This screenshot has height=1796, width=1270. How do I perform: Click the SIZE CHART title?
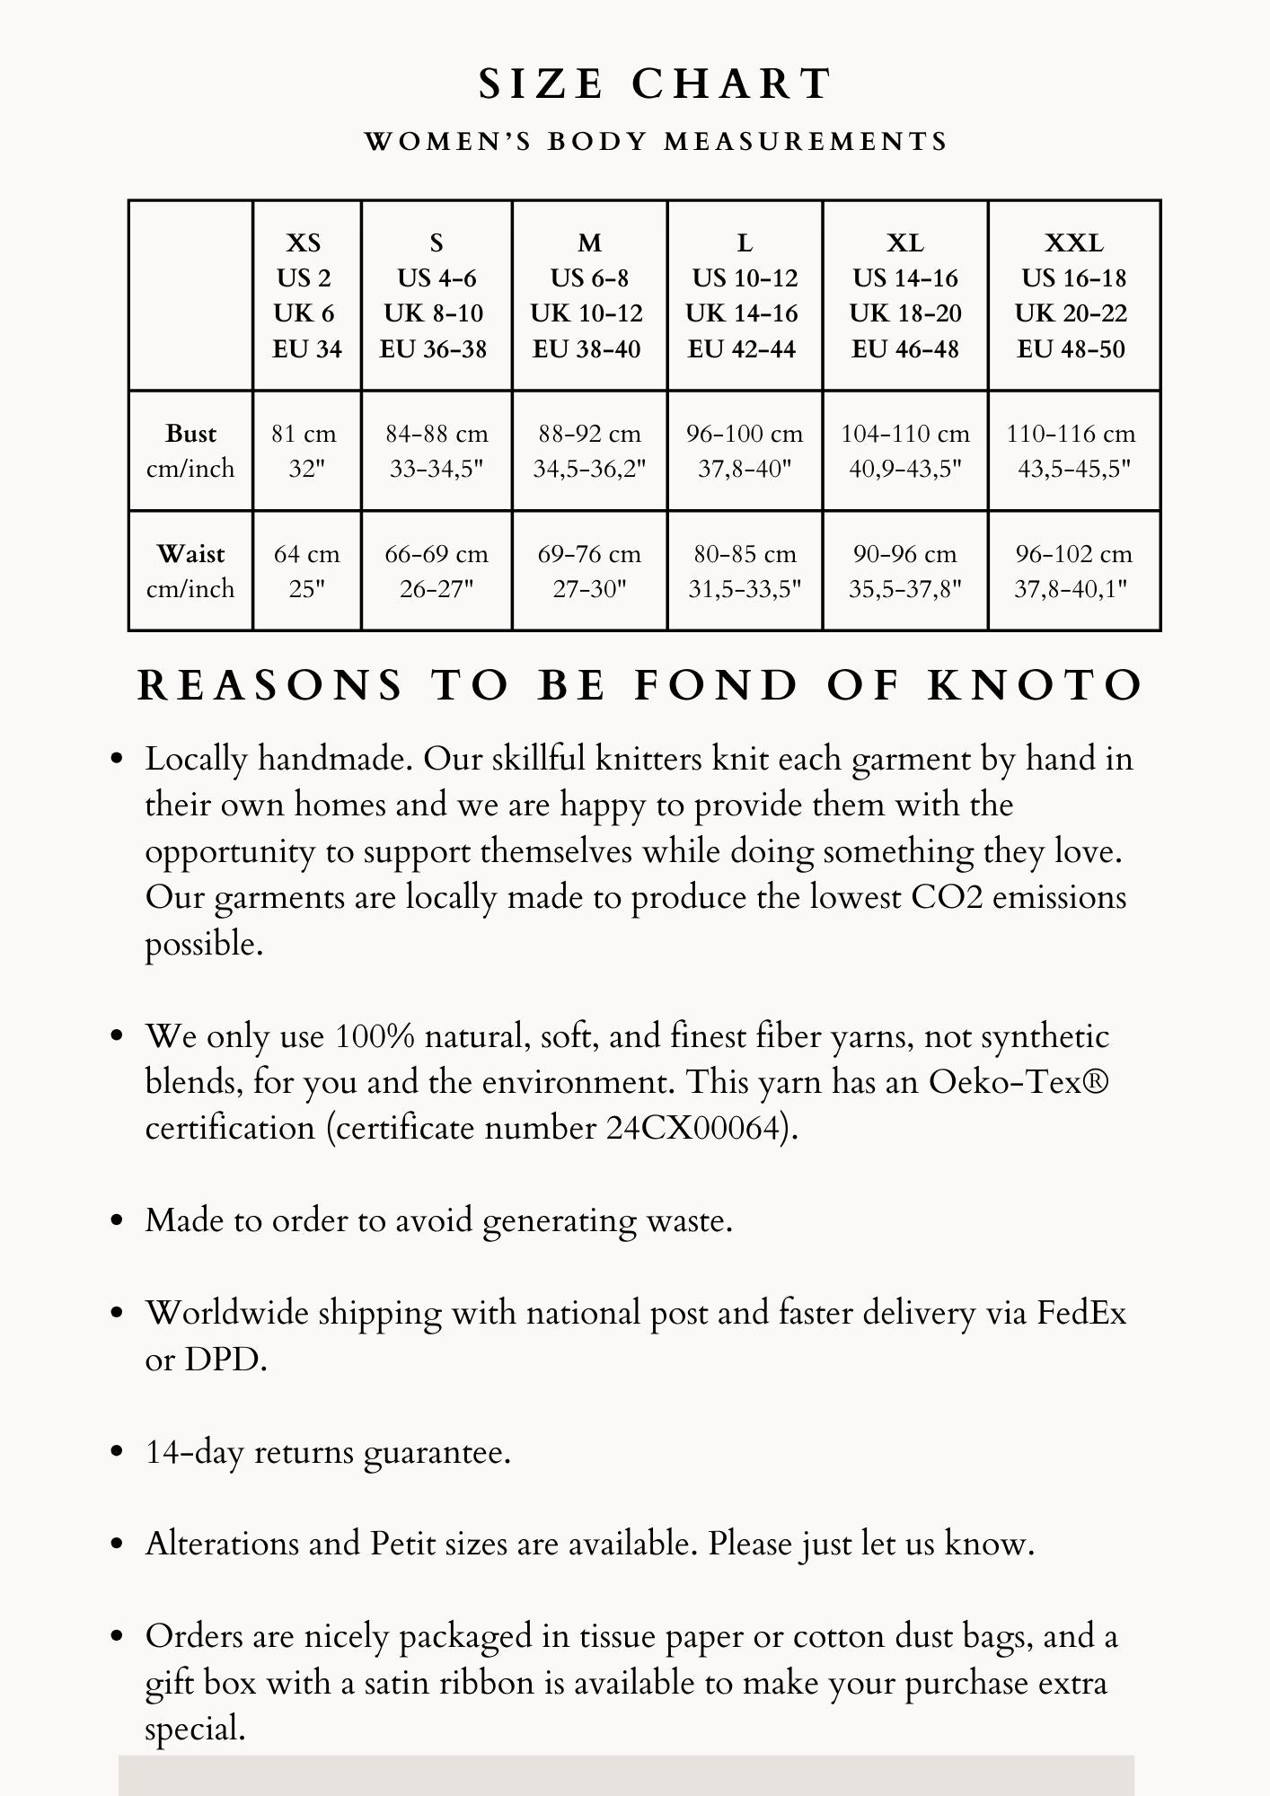click(x=656, y=84)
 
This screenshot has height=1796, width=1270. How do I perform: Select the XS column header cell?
click(x=306, y=295)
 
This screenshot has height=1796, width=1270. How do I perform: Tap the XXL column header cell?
click(x=1073, y=295)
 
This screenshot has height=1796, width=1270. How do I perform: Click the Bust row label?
click(x=190, y=451)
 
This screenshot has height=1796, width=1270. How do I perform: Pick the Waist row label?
click(x=190, y=571)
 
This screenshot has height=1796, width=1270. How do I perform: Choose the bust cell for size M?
click(x=589, y=451)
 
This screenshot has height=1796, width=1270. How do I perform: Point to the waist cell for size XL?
click(x=904, y=571)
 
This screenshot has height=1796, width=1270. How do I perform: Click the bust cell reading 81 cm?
click(x=306, y=451)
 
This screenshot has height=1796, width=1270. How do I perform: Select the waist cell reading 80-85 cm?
click(x=745, y=571)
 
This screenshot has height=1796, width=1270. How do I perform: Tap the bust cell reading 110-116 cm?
click(x=1073, y=451)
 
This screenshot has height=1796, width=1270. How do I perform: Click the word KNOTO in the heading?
click(x=1036, y=686)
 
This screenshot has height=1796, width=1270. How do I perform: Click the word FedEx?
click(x=1080, y=1314)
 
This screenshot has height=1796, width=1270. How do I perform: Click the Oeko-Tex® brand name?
click(x=1019, y=1082)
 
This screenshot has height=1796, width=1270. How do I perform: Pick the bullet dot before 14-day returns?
click(x=116, y=1452)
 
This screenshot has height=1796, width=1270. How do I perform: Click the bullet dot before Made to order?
click(x=116, y=1221)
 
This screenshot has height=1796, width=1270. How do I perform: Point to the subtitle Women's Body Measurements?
click(x=656, y=142)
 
